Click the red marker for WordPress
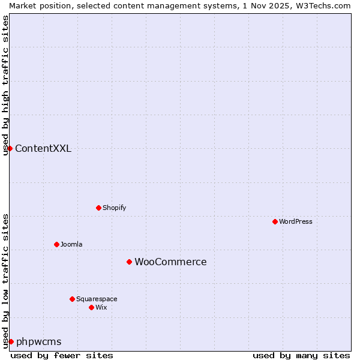tap(275, 221)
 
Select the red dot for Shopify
tap(98, 208)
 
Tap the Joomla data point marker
tap(56, 244)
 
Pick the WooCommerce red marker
tap(129, 262)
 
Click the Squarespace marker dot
tap(72, 299)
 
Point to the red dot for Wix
tap(91, 307)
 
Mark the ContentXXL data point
tap(10, 148)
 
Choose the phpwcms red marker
tap(11, 341)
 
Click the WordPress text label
tap(296, 221)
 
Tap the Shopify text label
tap(115, 208)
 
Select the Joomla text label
tap(71, 244)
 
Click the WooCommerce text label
tap(170, 262)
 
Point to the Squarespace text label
tap(97, 299)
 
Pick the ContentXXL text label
tap(43, 149)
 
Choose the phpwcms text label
tap(39, 342)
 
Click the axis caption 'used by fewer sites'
tap(62, 356)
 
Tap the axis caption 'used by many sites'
tap(301, 356)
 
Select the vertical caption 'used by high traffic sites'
tap(5, 85)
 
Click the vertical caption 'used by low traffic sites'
tap(5, 280)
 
